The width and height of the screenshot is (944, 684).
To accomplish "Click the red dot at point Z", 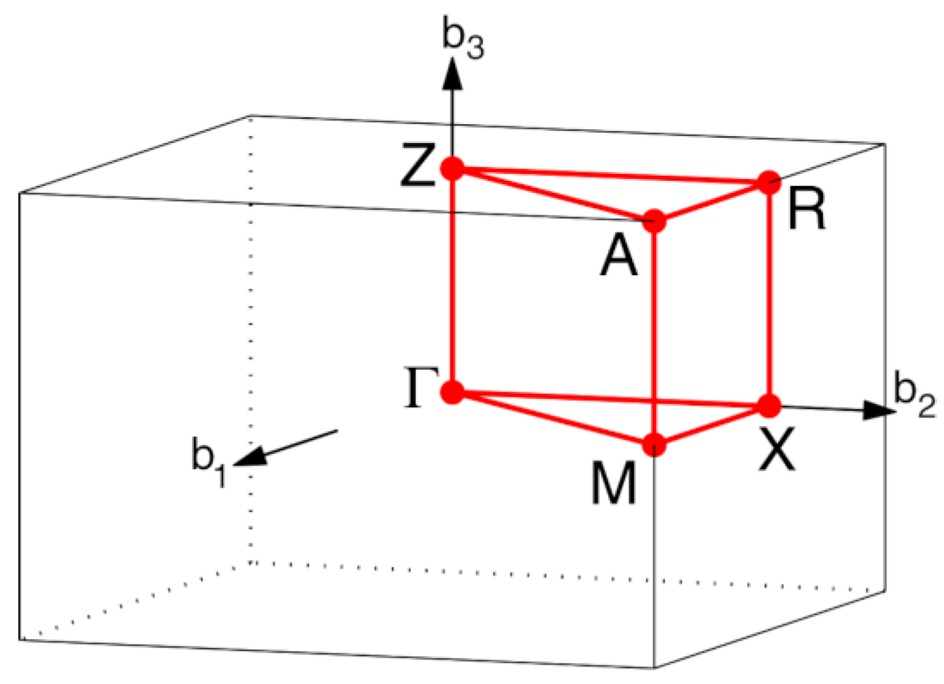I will (452, 169).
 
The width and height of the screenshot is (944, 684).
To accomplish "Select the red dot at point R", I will (768, 183).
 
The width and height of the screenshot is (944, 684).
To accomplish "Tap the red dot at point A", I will (654, 220).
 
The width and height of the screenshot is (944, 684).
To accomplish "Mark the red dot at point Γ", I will (452, 392).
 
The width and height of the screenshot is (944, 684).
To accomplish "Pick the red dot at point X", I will (768, 406).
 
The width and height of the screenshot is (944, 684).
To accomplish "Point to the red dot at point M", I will (654, 444).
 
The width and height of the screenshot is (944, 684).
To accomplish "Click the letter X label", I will (777, 449).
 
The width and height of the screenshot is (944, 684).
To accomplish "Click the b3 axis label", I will (463, 41).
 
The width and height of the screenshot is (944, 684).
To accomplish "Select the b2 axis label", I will (914, 396).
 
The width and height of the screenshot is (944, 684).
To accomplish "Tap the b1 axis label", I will (208, 458).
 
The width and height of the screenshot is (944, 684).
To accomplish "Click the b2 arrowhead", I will (879, 410).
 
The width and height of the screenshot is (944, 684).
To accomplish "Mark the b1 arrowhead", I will (252, 456).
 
